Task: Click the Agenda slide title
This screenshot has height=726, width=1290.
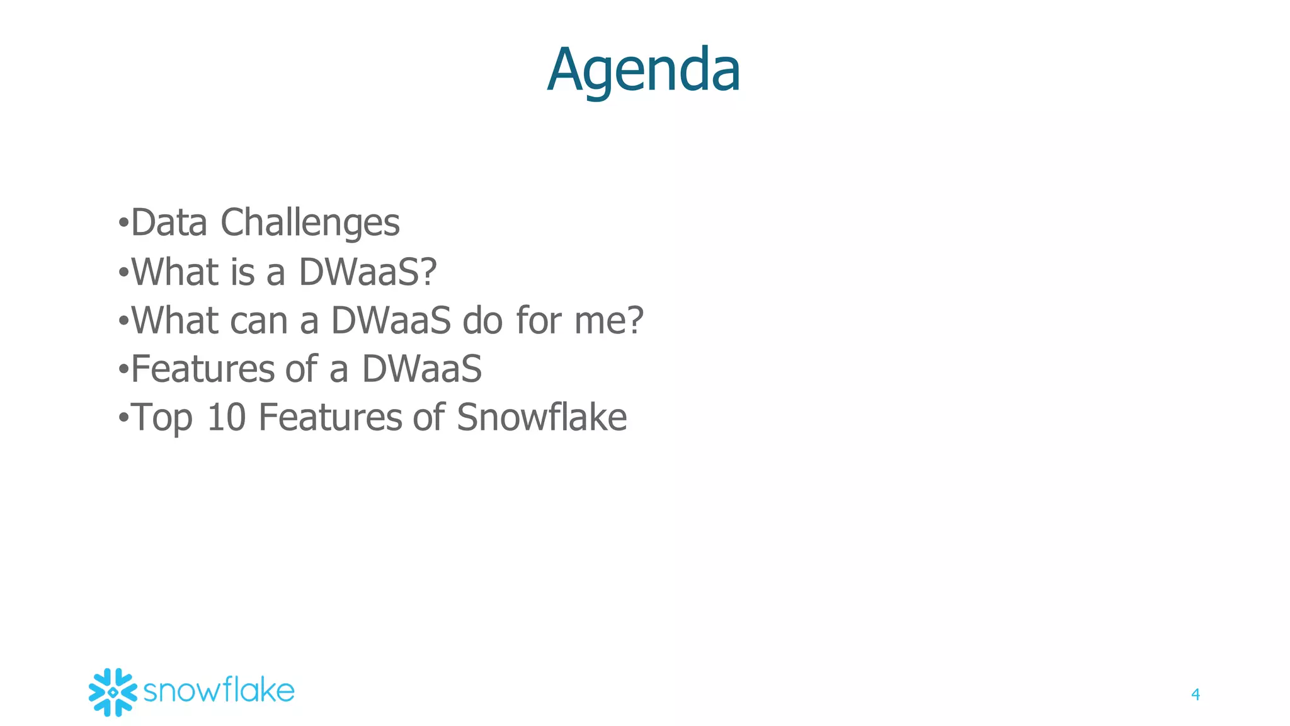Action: (x=643, y=70)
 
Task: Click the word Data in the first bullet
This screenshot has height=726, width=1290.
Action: (x=169, y=222)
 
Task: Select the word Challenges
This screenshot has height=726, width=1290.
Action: (x=310, y=224)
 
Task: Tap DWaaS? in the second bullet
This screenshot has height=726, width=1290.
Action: (x=367, y=272)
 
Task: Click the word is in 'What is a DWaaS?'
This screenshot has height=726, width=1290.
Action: (x=243, y=272)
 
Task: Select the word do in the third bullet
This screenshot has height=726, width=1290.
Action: (x=482, y=320)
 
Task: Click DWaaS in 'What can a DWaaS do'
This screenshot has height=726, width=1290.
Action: (x=391, y=320)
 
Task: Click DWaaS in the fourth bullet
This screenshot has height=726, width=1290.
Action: (x=421, y=369)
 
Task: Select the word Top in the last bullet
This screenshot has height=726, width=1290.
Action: (x=163, y=418)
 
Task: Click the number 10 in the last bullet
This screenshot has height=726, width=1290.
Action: (x=226, y=418)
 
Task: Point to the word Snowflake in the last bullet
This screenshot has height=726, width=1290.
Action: (x=542, y=418)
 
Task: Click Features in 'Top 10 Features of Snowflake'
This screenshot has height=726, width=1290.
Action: (x=330, y=418)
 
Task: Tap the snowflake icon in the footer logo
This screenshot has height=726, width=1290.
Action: (x=113, y=692)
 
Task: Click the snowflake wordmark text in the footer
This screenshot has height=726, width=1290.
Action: (x=219, y=691)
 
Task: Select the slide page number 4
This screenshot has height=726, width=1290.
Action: (x=1195, y=694)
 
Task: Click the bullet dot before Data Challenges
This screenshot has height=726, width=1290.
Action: (x=123, y=223)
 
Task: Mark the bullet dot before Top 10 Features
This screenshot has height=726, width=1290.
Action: (x=123, y=418)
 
